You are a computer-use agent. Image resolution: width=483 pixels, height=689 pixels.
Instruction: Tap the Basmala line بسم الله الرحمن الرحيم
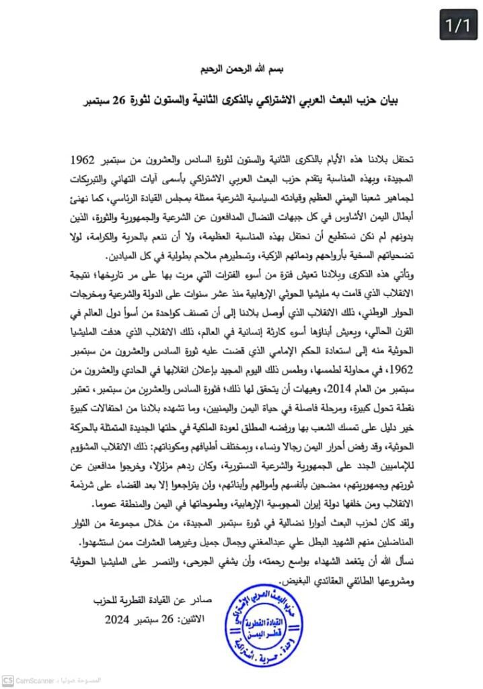pos(241,69)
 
